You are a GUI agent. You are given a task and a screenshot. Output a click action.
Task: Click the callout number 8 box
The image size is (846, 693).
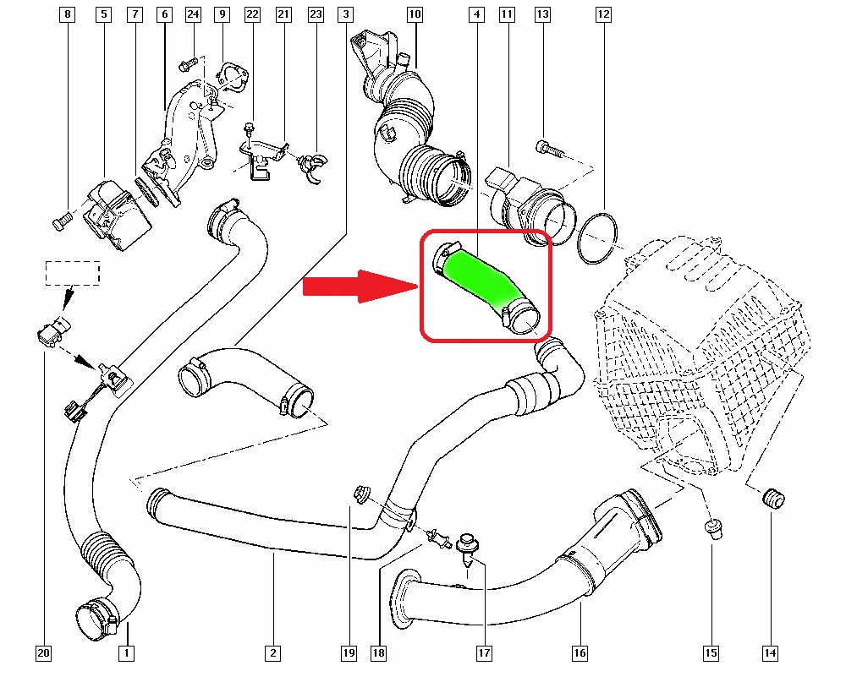pos(68,14)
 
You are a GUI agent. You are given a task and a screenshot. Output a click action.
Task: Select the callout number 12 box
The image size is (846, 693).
pos(602,14)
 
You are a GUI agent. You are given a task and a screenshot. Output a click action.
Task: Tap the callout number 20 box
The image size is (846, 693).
pos(43,652)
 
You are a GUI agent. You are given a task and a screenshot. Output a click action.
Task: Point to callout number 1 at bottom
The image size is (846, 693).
pos(126,652)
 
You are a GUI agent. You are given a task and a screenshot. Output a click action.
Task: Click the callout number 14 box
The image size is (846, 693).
pos(770,652)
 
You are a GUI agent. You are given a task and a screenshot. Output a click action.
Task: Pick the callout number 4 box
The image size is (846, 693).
pos(478,14)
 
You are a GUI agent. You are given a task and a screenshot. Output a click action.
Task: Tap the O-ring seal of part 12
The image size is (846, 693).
pos(599,237)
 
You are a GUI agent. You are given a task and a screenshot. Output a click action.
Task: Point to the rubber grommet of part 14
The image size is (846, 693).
pos(771,499)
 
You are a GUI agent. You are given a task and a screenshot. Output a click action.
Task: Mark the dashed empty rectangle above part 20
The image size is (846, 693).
pos(72,272)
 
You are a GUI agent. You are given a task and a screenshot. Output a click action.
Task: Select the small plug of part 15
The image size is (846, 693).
pos(712,528)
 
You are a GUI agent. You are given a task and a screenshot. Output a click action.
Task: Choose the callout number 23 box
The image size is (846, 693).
pos(316,14)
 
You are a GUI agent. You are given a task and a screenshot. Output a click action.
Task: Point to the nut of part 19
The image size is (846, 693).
pos(362,493)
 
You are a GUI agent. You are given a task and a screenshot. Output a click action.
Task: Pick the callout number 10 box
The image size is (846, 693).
pos(414,14)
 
